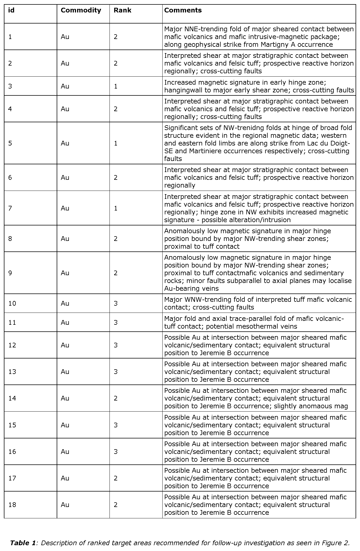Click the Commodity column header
point(81,11)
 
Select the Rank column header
point(122,11)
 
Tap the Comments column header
point(183,11)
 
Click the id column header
point(11,11)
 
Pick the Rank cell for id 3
point(116,86)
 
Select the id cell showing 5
point(10,143)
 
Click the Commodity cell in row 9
point(65,273)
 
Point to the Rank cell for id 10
point(116,303)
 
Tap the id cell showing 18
point(12,505)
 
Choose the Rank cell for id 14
point(116,398)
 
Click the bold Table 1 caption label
point(23,543)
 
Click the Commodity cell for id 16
point(65,452)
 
